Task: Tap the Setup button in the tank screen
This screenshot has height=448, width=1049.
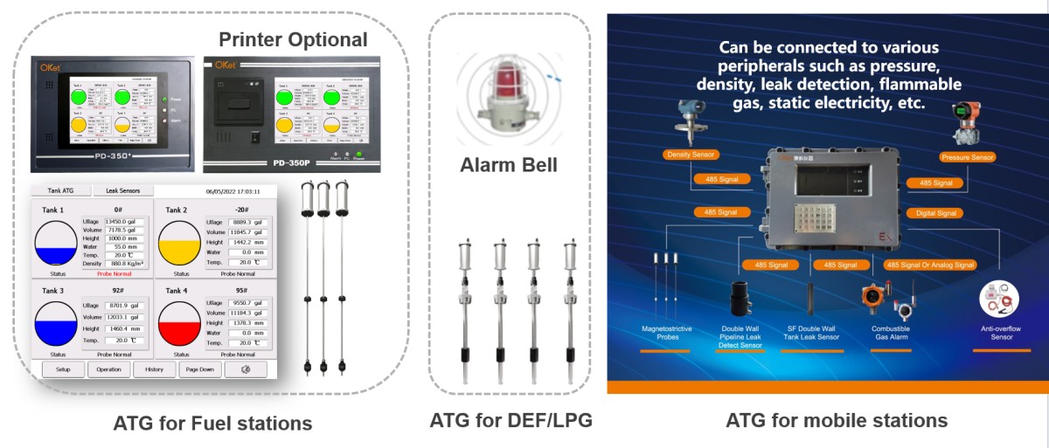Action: pyautogui.click(x=62, y=369)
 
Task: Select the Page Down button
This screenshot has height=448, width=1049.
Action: pyautogui.click(x=200, y=369)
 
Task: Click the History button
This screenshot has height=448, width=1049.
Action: pyautogui.click(x=155, y=369)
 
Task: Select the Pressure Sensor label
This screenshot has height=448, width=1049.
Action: pyautogui.click(x=967, y=158)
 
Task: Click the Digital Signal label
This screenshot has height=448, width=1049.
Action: pyautogui.click(x=934, y=212)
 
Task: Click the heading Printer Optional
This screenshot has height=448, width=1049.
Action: pyautogui.click(x=293, y=39)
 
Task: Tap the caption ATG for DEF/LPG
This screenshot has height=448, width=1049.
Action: pyautogui.click(x=511, y=420)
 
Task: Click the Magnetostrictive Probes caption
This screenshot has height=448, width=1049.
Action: pyautogui.click(x=667, y=333)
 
